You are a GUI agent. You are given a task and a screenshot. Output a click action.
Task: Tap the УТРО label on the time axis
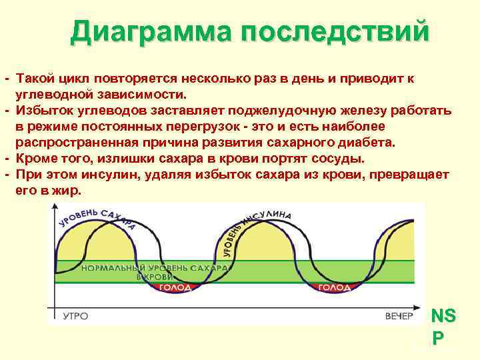tap(76, 315)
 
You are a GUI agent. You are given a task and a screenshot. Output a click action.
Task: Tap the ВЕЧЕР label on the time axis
tap(399, 315)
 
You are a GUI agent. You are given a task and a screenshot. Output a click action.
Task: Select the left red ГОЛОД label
tap(175, 287)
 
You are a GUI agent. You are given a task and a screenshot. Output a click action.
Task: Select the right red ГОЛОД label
tap(333, 287)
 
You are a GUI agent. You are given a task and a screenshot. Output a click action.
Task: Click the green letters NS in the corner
tap(444, 316)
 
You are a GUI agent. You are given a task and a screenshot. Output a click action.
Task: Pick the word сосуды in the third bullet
tap(337, 158)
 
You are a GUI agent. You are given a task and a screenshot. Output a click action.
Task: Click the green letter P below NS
tap(438, 338)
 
